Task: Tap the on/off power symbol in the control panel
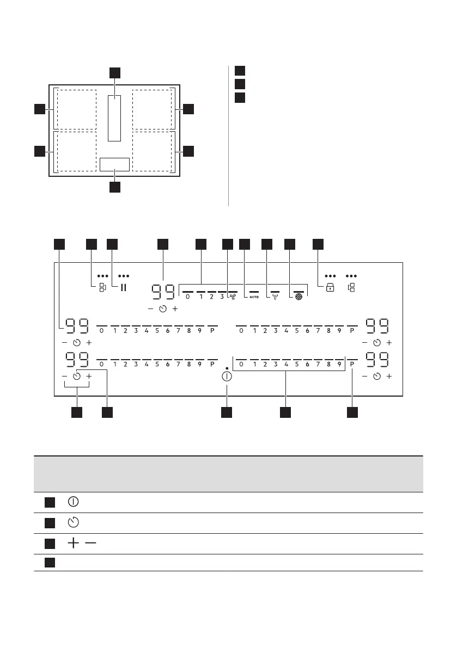pyautogui.click(x=227, y=377)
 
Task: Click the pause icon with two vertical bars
pyautogui.click(x=123, y=287)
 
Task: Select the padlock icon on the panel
pyautogui.click(x=330, y=288)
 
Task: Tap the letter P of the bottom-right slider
pyautogui.click(x=352, y=365)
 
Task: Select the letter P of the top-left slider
pyautogui.click(x=212, y=331)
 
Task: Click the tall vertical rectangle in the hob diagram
pyautogui.click(x=114, y=118)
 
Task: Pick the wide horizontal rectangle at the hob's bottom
pyautogui.click(x=114, y=164)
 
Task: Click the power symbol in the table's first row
pyautogui.click(x=74, y=502)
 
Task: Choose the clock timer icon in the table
pyautogui.click(x=74, y=523)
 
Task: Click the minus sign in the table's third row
pyautogui.click(x=88, y=543)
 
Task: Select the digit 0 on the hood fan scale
pyautogui.click(x=188, y=297)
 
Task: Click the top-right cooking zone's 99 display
pyautogui.click(x=377, y=326)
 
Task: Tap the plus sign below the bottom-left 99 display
pyautogui.click(x=89, y=377)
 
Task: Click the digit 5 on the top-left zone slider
pyautogui.click(x=157, y=331)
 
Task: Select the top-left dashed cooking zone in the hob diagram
pyautogui.click(x=76, y=109)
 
